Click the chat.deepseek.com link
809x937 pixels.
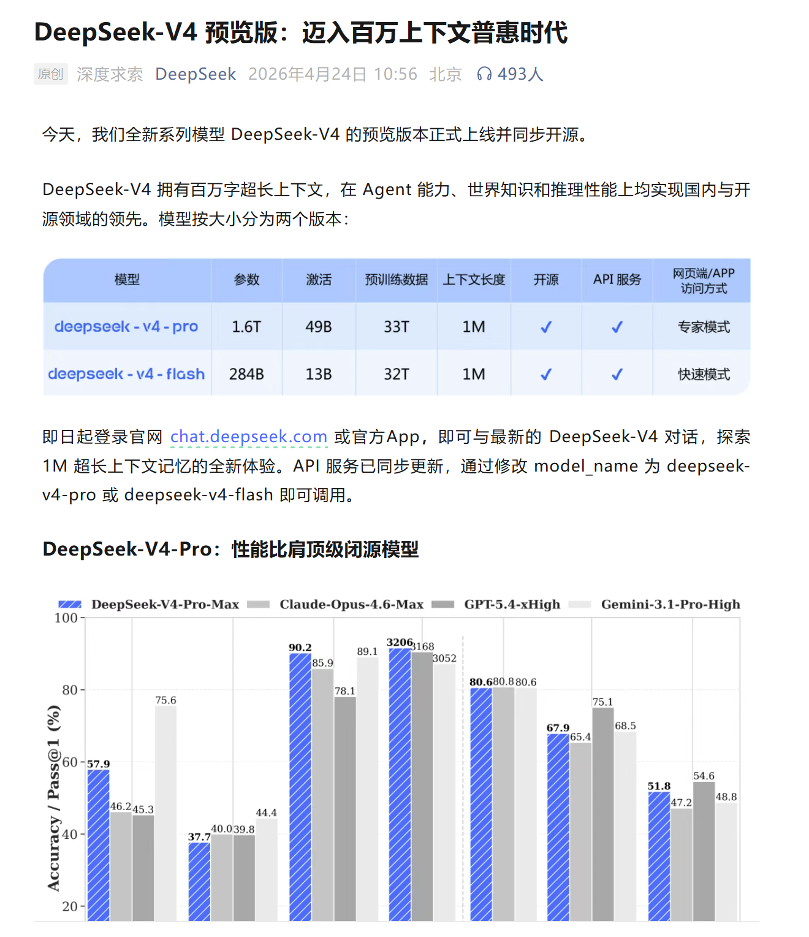pyautogui.click(x=248, y=437)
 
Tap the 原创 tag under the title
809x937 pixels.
pyautogui.click(x=50, y=74)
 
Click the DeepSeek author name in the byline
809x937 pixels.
pyautogui.click(x=196, y=74)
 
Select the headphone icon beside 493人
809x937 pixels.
pyautogui.click(x=484, y=74)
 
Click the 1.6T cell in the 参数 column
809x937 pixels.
pyautogui.click(x=246, y=327)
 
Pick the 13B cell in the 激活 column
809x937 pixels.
pyautogui.click(x=319, y=374)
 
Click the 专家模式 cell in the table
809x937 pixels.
pyautogui.click(x=704, y=327)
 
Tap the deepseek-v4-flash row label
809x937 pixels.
pyautogui.click(x=126, y=374)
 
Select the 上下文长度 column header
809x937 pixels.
pyautogui.click(x=474, y=280)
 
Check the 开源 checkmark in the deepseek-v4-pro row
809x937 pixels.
pyautogui.click(x=546, y=327)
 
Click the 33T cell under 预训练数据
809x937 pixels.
pyautogui.click(x=397, y=327)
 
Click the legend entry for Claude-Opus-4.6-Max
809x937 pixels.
pyautogui.click(x=351, y=605)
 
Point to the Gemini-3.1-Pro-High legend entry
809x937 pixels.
pyautogui.click(x=670, y=605)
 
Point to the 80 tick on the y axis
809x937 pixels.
pyautogui.click(x=70, y=690)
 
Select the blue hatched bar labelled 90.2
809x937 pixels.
pyautogui.click(x=300, y=785)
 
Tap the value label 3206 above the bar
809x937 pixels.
pyautogui.click(x=400, y=642)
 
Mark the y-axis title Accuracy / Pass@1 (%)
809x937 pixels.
pyautogui.click(x=54, y=797)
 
